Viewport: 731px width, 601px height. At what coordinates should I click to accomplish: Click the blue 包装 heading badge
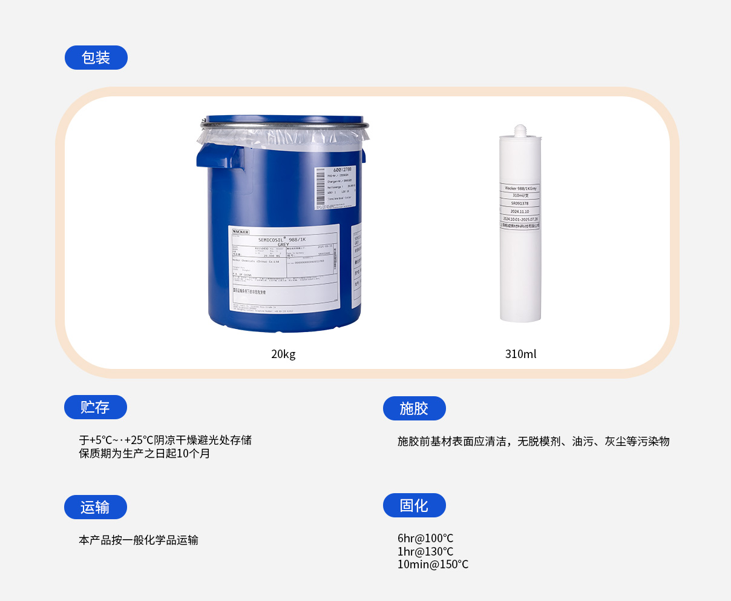click(96, 58)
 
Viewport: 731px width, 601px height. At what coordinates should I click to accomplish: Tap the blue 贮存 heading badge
click(95, 407)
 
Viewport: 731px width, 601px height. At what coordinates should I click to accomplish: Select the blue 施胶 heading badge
click(414, 408)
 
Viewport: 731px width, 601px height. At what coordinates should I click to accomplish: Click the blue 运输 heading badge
click(95, 507)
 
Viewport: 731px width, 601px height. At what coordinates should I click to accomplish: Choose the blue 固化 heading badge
click(414, 505)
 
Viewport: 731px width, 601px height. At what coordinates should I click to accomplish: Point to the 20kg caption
click(283, 354)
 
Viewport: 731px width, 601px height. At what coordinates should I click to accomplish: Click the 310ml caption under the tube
click(520, 354)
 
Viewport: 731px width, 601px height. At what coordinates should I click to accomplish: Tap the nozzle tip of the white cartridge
click(520, 129)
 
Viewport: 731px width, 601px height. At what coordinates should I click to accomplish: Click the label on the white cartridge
click(520, 206)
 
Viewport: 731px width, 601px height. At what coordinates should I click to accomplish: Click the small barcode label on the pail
click(335, 188)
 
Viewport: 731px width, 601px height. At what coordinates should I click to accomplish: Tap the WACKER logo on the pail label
click(241, 232)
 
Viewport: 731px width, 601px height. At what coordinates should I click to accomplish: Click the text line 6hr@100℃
click(425, 539)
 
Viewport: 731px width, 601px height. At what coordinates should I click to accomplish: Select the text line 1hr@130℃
click(425, 552)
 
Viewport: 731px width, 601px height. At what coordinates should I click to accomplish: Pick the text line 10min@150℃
click(433, 565)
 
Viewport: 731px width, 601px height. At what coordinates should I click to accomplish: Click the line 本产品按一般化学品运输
click(139, 540)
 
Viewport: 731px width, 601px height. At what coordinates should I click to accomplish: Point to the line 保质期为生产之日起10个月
click(145, 454)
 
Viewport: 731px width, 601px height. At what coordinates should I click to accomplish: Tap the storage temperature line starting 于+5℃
click(165, 440)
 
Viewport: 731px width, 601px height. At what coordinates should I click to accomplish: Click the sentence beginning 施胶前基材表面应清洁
click(533, 442)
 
